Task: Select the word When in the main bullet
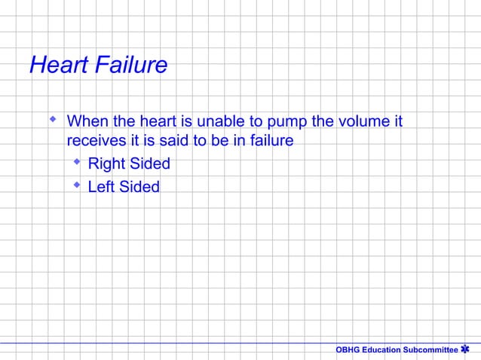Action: click(x=87, y=121)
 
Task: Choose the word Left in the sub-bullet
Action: click(x=102, y=186)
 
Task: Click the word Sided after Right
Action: click(x=149, y=163)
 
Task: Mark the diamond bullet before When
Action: click(x=52, y=119)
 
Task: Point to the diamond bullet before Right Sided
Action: click(x=76, y=162)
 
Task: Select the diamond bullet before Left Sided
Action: click(x=76, y=185)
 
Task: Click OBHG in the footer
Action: click(x=348, y=350)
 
